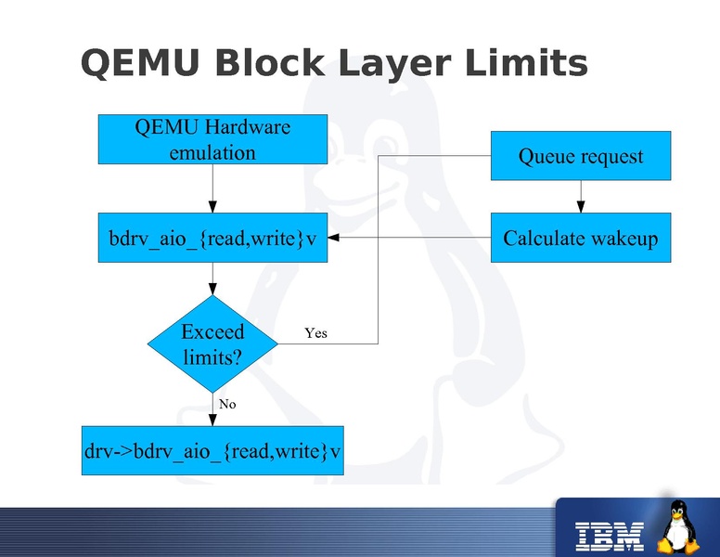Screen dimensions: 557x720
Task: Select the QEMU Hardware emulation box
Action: point(212,139)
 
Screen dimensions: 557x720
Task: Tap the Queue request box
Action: point(580,156)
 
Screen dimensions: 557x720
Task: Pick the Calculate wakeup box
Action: point(580,238)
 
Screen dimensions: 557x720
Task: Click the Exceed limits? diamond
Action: point(212,343)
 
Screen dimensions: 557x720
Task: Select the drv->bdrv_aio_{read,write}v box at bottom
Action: point(212,451)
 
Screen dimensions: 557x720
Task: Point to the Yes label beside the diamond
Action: point(315,332)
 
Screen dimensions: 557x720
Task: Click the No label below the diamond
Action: point(227,404)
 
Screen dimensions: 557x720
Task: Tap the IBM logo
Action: point(610,533)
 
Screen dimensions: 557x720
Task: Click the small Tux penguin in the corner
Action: point(678,526)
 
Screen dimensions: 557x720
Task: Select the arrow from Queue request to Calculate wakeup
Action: point(581,196)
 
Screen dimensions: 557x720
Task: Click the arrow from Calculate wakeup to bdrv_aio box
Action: point(408,238)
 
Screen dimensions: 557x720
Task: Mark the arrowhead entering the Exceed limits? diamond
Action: point(212,290)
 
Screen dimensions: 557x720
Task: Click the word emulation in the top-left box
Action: point(212,152)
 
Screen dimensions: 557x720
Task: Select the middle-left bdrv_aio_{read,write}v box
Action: point(212,238)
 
